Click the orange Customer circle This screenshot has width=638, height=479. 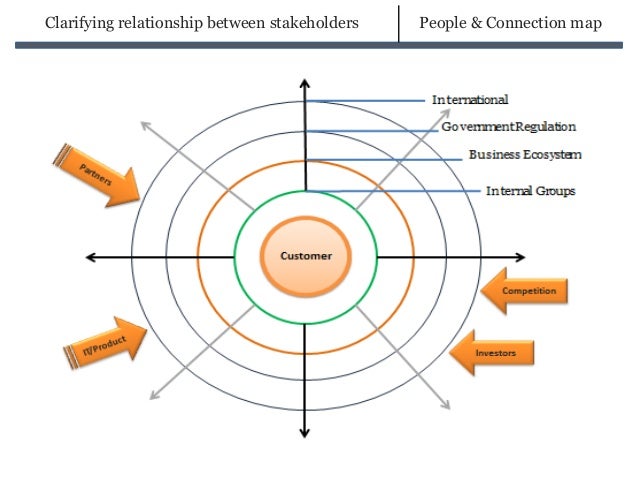(305, 256)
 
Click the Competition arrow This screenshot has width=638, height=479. (525, 291)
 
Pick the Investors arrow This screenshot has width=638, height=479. (491, 352)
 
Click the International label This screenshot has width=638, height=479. (469, 100)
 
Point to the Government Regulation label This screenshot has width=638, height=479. (508, 128)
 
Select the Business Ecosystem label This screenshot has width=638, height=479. (524, 155)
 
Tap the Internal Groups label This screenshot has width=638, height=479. (530, 190)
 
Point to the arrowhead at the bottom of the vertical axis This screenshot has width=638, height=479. (304, 432)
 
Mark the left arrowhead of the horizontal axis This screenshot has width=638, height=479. (91, 257)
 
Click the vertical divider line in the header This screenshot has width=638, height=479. (398, 23)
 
